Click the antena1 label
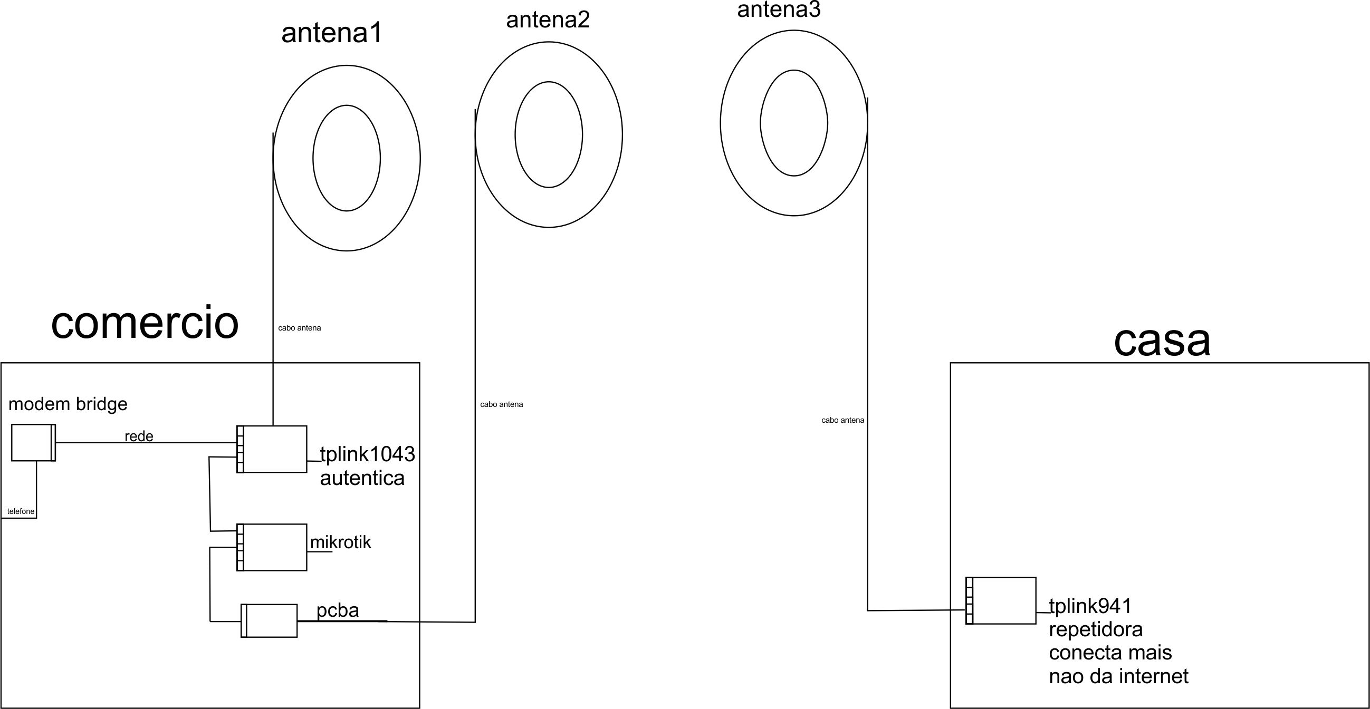(332, 33)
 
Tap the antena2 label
(548, 20)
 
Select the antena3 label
(779, 9)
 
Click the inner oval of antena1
(346, 158)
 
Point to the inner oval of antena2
(548, 134)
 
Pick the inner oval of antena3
(793, 123)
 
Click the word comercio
(145, 323)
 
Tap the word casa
(1162, 341)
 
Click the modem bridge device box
(33, 442)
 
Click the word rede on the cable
(139, 436)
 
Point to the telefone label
(21, 511)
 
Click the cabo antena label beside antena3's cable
(842, 421)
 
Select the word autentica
(362, 478)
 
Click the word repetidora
(1096, 629)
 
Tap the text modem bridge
(68, 404)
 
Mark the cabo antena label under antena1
(300, 328)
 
